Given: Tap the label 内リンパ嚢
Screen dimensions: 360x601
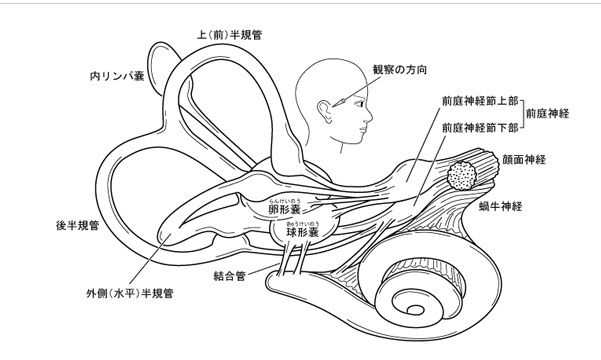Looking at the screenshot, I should pyautogui.click(x=116, y=75).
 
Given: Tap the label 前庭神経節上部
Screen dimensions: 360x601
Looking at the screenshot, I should pyautogui.click(x=479, y=103).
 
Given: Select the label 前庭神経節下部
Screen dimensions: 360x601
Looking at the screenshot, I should pyautogui.click(x=479, y=127).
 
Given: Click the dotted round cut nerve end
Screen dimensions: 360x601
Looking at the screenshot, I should pyautogui.click(x=463, y=177).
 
